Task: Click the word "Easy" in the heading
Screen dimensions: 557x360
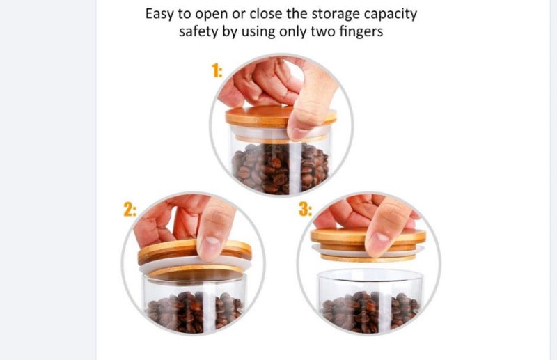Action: pyautogui.click(x=160, y=14)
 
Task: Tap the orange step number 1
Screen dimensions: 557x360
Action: pyautogui.click(x=217, y=70)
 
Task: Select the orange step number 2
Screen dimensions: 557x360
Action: pyautogui.click(x=130, y=210)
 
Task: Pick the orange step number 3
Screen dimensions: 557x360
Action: pyautogui.click(x=306, y=209)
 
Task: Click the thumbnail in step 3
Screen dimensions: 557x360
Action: pyautogui.click(x=379, y=242)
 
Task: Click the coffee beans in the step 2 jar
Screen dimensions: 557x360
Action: pyautogui.click(x=194, y=312)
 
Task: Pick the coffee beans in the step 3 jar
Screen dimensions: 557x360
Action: pyautogui.click(x=370, y=312)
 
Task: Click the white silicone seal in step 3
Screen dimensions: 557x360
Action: pyautogui.click(x=367, y=251)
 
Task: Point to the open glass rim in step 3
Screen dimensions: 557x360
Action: pyautogui.click(x=370, y=276)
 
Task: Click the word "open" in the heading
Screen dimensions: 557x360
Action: pyautogui.click(x=212, y=15)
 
